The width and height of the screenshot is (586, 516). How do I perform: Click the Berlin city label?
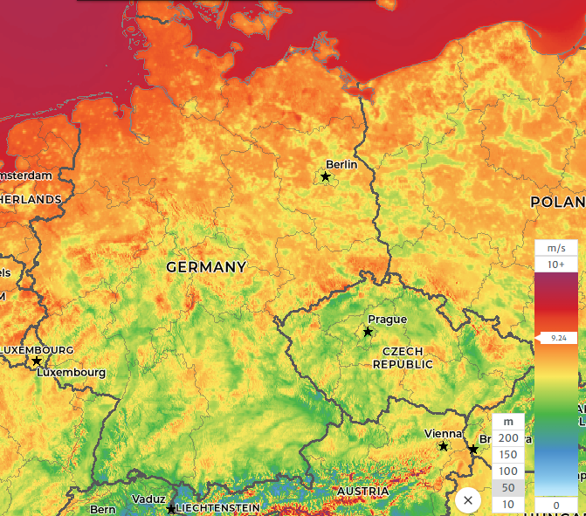pos(341,164)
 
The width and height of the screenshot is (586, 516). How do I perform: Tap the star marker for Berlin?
pos(326,177)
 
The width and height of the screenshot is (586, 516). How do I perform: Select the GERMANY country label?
pos(206,266)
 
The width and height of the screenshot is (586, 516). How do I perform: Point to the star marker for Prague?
pos(368,332)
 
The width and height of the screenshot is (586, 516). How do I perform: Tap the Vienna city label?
pos(443,433)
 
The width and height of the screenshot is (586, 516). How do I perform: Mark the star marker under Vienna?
pos(444,446)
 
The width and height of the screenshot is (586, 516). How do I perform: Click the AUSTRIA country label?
pos(362,492)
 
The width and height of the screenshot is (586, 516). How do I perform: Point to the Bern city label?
pos(103,509)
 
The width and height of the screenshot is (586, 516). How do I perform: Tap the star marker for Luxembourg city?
pos(37,361)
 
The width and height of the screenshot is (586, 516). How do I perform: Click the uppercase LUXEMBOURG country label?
pos(37,349)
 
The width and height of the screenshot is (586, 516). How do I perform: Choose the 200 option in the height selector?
pos(508,437)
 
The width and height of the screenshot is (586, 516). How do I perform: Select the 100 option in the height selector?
pos(508,471)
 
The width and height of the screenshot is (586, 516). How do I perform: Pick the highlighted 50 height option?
pos(508,488)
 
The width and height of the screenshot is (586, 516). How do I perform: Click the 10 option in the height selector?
pos(508,505)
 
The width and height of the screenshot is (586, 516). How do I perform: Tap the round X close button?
pos(468,500)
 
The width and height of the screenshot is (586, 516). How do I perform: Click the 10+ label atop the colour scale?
pos(556,264)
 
